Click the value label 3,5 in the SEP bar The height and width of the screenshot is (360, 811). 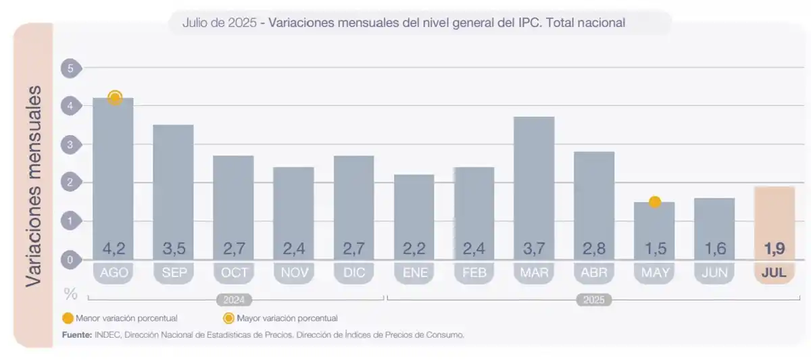tap(174, 249)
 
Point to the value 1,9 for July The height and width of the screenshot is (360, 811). tap(775, 249)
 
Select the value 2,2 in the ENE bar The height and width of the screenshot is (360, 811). tap(414, 249)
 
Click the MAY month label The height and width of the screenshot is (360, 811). tap(654, 273)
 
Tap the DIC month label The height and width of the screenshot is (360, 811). tap(354, 273)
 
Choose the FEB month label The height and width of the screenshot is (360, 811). tap(474, 273)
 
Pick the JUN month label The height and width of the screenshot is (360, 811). tap(714, 273)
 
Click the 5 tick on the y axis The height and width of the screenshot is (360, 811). tap(70, 68)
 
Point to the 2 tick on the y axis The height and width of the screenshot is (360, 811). tap(70, 182)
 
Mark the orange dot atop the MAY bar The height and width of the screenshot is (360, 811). tap(654, 201)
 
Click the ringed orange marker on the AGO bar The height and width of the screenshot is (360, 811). tap(115, 98)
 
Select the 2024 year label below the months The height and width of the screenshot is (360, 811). tap(235, 300)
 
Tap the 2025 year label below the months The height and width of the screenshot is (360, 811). tap(594, 300)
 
